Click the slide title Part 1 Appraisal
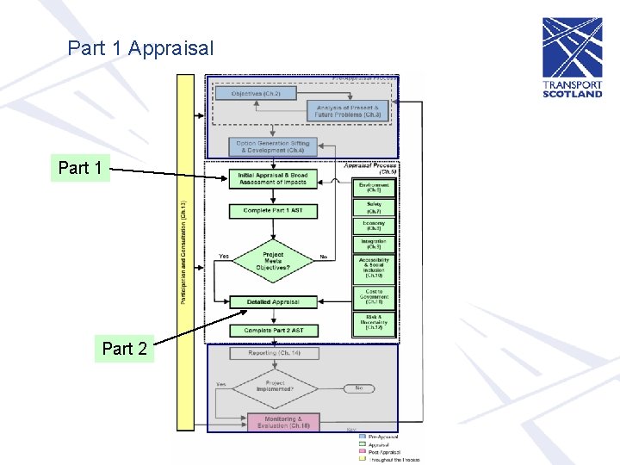(x=140, y=48)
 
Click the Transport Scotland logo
(x=572, y=70)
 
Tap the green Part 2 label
(x=124, y=348)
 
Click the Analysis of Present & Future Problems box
(x=348, y=110)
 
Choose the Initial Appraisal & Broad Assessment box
(x=272, y=179)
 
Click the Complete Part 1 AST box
(x=273, y=211)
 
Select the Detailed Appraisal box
(x=272, y=302)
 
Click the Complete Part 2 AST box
(x=273, y=331)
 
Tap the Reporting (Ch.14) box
(x=274, y=353)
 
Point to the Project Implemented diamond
(x=275, y=387)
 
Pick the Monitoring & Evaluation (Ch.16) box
(x=282, y=422)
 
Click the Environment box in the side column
(x=374, y=187)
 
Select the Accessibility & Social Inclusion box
(x=374, y=267)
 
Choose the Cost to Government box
(x=374, y=298)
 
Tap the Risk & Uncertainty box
(x=374, y=323)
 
